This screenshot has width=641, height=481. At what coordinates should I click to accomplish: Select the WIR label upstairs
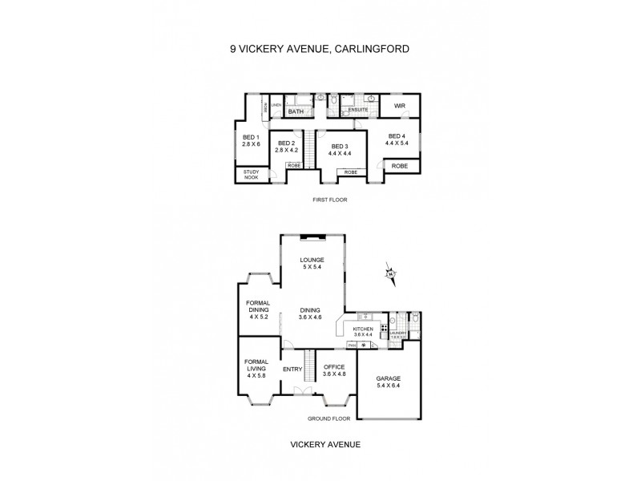(398, 105)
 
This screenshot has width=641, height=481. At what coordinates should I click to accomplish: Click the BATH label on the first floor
(296, 111)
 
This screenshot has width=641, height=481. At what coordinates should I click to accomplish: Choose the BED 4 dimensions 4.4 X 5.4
(398, 145)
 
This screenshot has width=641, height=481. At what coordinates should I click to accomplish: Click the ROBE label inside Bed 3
(350, 172)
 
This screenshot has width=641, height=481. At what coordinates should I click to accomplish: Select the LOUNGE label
(311, 260)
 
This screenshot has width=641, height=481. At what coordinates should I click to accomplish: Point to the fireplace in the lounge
(312, 236)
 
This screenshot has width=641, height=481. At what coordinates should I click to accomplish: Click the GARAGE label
(389, 378)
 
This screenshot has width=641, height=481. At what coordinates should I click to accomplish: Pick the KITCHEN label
(364, 329)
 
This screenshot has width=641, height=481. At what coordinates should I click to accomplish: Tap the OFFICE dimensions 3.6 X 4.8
(333, 375)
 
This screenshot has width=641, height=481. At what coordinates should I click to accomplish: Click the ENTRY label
(292, 369)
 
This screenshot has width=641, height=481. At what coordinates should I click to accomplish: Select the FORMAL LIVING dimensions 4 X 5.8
(256, 375)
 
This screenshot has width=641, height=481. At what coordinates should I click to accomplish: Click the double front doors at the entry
(303, 392)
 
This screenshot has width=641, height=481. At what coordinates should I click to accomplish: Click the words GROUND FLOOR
(329, 418)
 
